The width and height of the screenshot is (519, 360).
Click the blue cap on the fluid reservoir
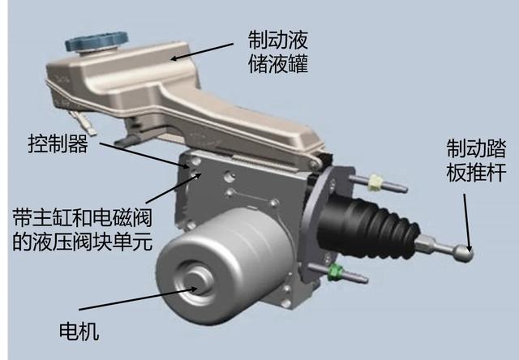[x=97, y=41]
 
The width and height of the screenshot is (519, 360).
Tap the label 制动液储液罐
[x=278, y=52]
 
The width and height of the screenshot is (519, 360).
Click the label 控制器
[x=58, y=144]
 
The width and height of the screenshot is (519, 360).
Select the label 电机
[x=79, y=331]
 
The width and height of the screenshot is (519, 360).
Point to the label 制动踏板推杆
[x=476, y=161]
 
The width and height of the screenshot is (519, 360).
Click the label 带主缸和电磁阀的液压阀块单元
[x=83, y=229]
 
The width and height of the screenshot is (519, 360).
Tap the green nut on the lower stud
[x=336, y=272]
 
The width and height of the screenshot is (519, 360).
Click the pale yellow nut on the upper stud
[x=375, y=182]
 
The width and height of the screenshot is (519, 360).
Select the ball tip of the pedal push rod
[x=463, y=254]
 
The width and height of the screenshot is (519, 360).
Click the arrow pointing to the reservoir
[x=202, y=51]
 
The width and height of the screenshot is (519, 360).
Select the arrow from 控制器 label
[x=145, y=156]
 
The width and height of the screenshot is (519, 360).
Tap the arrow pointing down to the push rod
[x=467, y=222]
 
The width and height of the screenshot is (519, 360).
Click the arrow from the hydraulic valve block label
[x=174, y=188]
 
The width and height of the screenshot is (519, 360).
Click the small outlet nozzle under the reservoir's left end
[x=84, y=122]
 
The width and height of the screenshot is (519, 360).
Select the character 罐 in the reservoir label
[x=298, y=63]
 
